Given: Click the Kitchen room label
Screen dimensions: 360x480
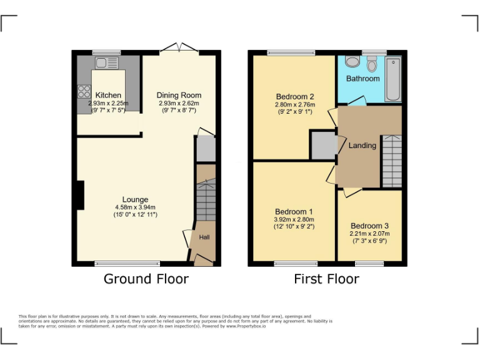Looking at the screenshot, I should (x=108, y=96).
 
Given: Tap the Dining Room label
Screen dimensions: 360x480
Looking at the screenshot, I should (x=179, y=96).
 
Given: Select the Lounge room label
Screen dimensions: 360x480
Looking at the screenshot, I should (x=135, y=200).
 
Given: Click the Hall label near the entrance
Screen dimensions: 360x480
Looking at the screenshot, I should (x=204, y=237).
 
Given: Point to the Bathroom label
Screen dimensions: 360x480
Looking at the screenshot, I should (x=363, y=79).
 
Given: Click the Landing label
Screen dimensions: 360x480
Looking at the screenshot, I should (x=362, y=146).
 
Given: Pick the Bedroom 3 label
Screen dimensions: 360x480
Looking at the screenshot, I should (x=369, y=226).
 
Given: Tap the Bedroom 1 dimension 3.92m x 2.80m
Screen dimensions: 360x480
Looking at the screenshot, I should (x=294, y=219).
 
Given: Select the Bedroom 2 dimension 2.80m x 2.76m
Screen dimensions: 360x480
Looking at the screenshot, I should (x=295, y=105).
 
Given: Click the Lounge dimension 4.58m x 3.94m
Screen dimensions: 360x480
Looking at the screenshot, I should (x=135, y=207).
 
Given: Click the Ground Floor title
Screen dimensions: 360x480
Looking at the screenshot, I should (x=146, y=279).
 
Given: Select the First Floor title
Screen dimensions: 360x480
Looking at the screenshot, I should (x=326, y=279).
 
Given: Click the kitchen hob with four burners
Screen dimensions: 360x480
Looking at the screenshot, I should (x=84, y=91).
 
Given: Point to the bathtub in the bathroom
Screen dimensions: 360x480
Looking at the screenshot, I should (x=392, y=79).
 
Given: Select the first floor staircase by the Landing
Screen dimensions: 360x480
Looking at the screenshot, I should (x=391, y=161).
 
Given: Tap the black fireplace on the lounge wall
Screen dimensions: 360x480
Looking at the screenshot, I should (x=79, y=194).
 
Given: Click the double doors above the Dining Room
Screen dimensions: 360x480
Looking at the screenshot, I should (x=179, y=49).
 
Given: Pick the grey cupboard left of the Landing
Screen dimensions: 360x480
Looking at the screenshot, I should (x=323, y=146).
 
